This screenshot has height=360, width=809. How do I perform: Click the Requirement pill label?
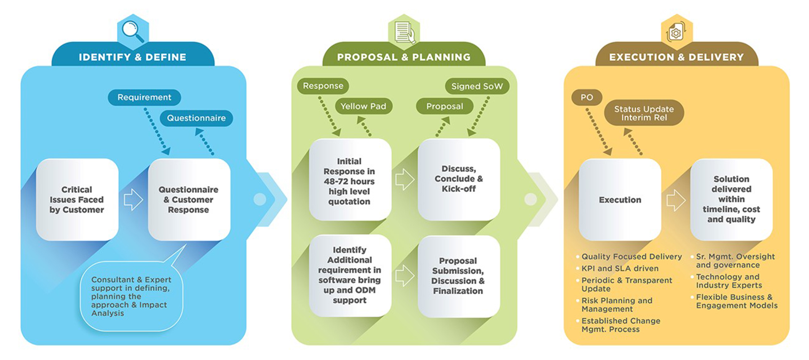point(144,97)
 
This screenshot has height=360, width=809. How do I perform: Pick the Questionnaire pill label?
point(196,118)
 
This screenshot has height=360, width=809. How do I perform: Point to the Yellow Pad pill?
point(363,106)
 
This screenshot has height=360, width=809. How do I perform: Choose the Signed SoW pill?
point(477,86)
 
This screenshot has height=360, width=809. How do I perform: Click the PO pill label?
point(587,97)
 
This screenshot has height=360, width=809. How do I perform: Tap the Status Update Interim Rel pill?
point(644,113)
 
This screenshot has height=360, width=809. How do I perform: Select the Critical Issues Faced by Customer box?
point(77,200)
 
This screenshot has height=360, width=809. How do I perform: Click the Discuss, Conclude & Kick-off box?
point(458,179)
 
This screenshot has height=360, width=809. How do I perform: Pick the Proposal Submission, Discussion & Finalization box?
point(458,276)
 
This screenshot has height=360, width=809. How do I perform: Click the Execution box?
point(620,200)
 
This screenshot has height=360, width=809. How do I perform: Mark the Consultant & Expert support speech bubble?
point(131,296)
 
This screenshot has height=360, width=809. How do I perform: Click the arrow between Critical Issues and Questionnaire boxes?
point(133,199)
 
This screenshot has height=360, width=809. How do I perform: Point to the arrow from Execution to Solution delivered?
point(675,200)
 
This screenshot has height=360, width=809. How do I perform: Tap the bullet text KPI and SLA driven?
point(619,269)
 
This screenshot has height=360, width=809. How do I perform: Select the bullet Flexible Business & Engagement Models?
point(736,301)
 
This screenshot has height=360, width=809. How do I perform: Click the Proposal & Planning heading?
point(404,57)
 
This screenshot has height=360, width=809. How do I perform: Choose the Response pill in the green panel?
point(323,86)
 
